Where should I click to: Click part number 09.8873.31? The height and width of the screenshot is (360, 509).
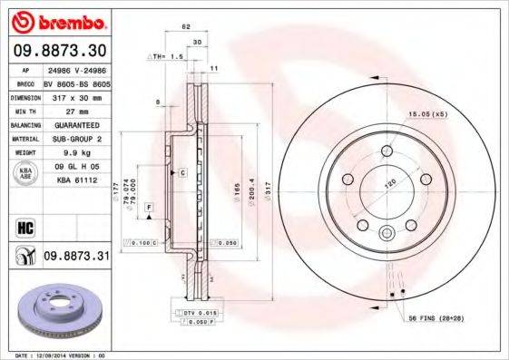click(76, 258)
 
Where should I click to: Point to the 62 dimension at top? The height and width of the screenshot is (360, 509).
click(185, 28)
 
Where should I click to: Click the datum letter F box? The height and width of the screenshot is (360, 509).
click(148, 209)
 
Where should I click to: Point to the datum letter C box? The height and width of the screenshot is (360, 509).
click(182, 172)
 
